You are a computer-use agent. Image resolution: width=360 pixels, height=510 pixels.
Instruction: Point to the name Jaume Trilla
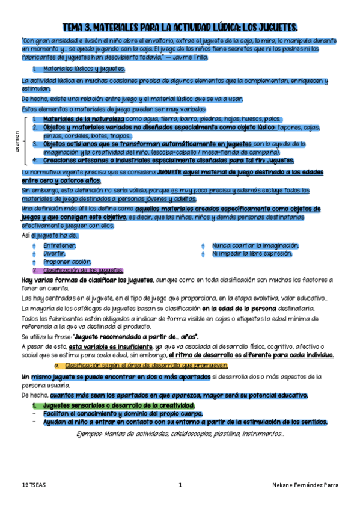point(191,57)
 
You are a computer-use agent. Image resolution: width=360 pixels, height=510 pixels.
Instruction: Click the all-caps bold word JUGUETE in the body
point(172,173)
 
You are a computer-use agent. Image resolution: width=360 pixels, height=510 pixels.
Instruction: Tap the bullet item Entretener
point(59,245)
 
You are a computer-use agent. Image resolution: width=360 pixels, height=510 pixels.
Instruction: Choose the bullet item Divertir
point(53,253)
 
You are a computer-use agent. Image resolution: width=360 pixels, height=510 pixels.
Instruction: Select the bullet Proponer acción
point(67,262)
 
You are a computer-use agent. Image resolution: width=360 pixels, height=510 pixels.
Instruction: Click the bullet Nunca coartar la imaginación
point(255,245)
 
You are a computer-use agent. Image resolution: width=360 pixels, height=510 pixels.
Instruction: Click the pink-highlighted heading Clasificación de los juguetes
point(83,270)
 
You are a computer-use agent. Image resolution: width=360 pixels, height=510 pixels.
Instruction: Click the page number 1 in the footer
point(180,484)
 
